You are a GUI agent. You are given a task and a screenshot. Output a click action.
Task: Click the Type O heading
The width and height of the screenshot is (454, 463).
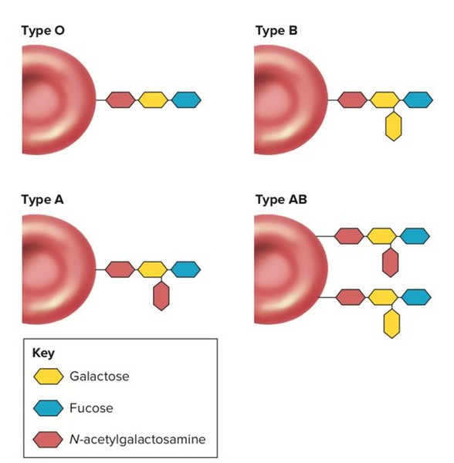(42, 31)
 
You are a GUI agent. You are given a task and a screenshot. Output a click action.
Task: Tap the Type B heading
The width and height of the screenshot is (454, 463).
(276, 31)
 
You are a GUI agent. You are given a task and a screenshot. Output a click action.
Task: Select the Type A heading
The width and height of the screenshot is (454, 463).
(42, 200)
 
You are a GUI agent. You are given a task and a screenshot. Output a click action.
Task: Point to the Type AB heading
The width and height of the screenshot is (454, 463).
(281, 200)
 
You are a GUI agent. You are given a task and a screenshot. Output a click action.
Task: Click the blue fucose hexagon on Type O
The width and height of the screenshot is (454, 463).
(186, 100)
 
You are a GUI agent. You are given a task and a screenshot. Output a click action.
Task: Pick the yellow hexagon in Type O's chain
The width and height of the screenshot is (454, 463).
(153, 100)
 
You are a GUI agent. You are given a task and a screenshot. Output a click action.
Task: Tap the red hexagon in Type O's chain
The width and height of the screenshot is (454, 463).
(120, 100)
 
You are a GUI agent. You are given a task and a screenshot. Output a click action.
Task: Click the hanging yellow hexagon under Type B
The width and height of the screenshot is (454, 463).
(394, 126)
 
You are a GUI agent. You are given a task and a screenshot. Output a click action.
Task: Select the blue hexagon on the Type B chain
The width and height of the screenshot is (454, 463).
(418, 100)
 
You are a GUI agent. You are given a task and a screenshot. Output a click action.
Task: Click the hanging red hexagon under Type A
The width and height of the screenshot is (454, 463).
(161, 296)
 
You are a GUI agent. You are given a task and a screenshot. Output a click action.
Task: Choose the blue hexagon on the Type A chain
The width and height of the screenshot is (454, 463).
(186, 269)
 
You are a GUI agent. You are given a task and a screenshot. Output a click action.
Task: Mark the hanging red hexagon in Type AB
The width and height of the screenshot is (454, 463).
(390, 262)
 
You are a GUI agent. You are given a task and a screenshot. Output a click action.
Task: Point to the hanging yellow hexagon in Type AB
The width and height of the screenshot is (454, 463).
(391, 323)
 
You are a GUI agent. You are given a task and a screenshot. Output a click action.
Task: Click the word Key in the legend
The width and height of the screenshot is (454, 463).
(43, 353)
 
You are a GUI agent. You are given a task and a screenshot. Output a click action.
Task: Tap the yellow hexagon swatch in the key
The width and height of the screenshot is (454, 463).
(48, 377)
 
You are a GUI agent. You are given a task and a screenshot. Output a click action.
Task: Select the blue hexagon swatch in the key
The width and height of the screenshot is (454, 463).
(48, 407)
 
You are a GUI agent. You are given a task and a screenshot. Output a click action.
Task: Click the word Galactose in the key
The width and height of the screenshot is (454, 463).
(100, 377)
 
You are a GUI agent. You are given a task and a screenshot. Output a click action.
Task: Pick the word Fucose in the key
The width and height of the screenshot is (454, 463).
(91, 408)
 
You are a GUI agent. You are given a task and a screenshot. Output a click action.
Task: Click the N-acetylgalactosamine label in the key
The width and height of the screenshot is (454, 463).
(137, 440)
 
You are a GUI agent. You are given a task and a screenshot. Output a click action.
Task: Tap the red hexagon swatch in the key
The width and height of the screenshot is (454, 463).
(48, 440)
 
